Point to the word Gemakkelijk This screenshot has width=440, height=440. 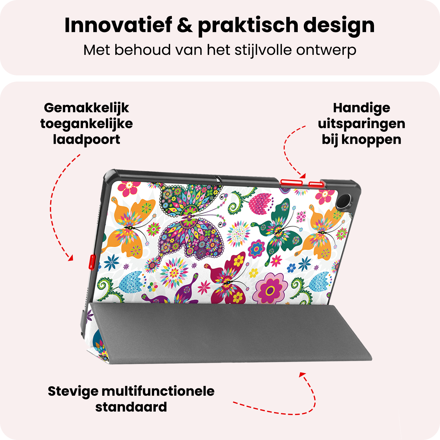pos(86,108)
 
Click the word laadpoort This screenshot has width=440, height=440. pos(86,140)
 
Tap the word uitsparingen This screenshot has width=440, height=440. pos(361,124)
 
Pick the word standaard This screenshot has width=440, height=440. pos(131,407)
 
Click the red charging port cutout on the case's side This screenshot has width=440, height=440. pos(92,262)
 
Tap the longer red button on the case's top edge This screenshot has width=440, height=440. pos(291,182)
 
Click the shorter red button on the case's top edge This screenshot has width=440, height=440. pos(316,184)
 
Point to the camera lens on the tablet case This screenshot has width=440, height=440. pos(343,202)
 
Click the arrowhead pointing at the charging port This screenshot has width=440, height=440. pos(70,258)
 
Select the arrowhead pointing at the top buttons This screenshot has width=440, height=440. pos(303,176)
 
